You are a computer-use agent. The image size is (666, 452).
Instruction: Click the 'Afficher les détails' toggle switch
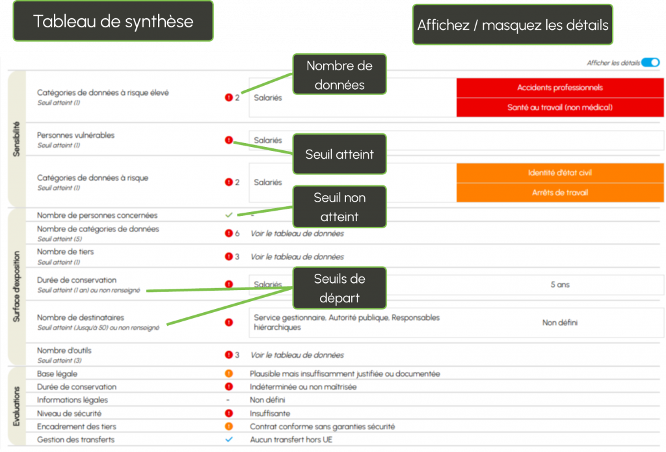pos(650,62)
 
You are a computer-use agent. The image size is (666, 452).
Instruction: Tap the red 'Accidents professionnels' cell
pos(559,88)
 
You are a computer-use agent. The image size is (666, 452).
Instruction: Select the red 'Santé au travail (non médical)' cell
pos(559,107)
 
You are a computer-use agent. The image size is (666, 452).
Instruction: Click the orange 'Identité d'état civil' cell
pos(559,173)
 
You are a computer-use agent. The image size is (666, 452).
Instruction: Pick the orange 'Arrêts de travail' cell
pos(559,193)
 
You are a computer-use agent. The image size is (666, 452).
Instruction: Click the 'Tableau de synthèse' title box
pos(113,21)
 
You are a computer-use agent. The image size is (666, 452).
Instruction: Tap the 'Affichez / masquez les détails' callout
pos(513,25)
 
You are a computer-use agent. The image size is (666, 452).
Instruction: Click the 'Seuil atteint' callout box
pos(339,154)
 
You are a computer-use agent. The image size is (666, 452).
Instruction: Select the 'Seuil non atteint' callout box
pos(339,207)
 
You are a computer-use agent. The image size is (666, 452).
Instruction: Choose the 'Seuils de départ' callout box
pos(339,288)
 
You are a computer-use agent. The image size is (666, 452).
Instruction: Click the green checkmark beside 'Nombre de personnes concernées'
pos(228,215)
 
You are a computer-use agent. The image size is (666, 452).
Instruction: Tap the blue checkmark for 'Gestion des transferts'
pos(228,440)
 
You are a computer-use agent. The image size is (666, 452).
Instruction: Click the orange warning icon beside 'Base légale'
pos(228,374)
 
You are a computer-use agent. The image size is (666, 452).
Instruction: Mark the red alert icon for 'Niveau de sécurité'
pos(228,413)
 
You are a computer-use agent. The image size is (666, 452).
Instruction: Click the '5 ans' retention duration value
pos(559,285)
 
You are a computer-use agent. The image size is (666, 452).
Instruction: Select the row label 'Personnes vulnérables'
pos(75,135)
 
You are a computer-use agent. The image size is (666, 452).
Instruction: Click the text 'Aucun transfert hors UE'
pos(291,440)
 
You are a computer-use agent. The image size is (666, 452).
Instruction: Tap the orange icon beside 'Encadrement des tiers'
pos(228,427)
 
